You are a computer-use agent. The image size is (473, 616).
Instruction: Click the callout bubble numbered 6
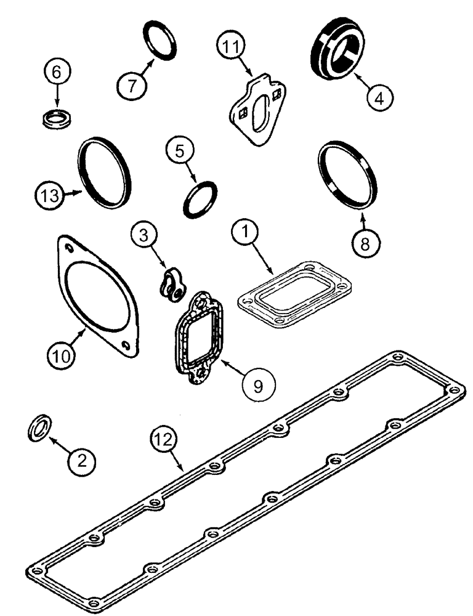[57, 73]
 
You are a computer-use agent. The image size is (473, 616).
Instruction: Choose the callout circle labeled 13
[49, 197]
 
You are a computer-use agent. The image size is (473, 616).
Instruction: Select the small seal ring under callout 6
[58, 119]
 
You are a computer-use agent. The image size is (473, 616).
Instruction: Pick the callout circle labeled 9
[258, 384]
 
